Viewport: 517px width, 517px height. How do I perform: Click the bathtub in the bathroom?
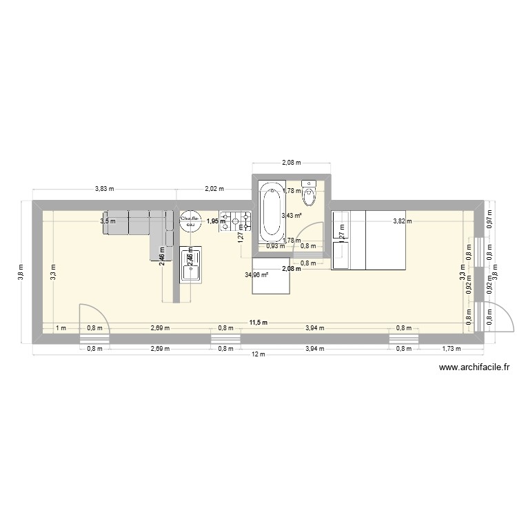270,213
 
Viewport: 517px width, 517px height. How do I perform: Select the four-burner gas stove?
235,221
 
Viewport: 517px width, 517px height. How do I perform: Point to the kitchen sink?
190,265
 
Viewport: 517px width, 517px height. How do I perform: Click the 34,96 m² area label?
256,274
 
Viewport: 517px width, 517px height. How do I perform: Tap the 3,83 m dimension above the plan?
105,188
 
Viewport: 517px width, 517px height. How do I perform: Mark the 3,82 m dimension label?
402,221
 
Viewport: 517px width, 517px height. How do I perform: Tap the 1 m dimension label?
61,329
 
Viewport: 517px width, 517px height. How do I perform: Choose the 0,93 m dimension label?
276,246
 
